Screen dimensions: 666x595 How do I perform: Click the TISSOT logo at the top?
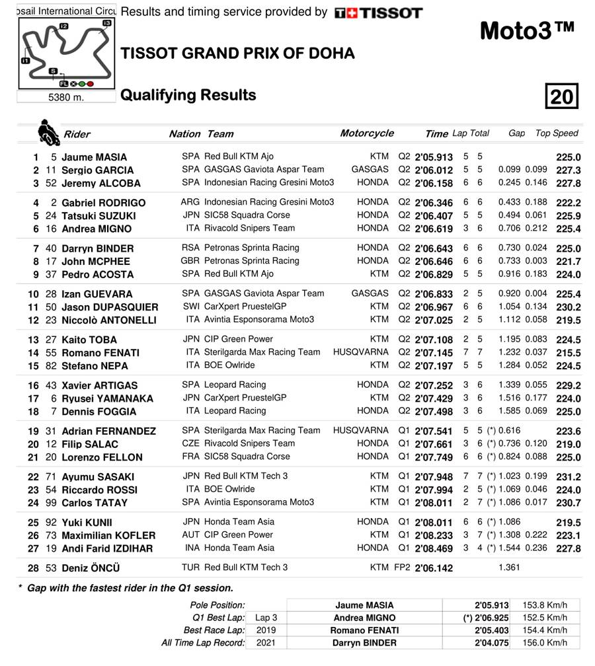pyautogui.click(x=378, y=13)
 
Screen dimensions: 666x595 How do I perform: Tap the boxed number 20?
pyautogui.click(x=562, y=96)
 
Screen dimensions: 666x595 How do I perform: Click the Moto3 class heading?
pyautogui.click(x=527, y=30)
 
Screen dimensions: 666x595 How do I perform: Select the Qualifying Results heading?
pyautogui.click(x=188, y=95)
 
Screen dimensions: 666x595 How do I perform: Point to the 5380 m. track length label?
pyautogui.click(x=66, y=97)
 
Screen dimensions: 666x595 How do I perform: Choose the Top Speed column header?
pyautogui.click(x=557, y=133)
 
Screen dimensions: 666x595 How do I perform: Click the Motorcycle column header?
pyautogui.click(x=367, y=133)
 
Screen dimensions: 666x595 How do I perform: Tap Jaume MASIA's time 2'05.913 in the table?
pyautogui.click(x=434, y=157)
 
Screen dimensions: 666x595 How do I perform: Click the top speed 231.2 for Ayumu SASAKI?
pyautogui.click(x=569, y=477)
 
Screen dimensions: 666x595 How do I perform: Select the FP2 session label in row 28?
pyautogui.click(x=403, y=568)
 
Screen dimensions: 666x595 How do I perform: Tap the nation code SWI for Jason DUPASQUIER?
pyautogui.click(x=191, y=307)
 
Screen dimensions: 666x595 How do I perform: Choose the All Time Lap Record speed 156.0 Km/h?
pyautogui.click(x=545, y=643)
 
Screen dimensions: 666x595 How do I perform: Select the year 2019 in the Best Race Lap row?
pyautogui.click(x=266, y=630)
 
